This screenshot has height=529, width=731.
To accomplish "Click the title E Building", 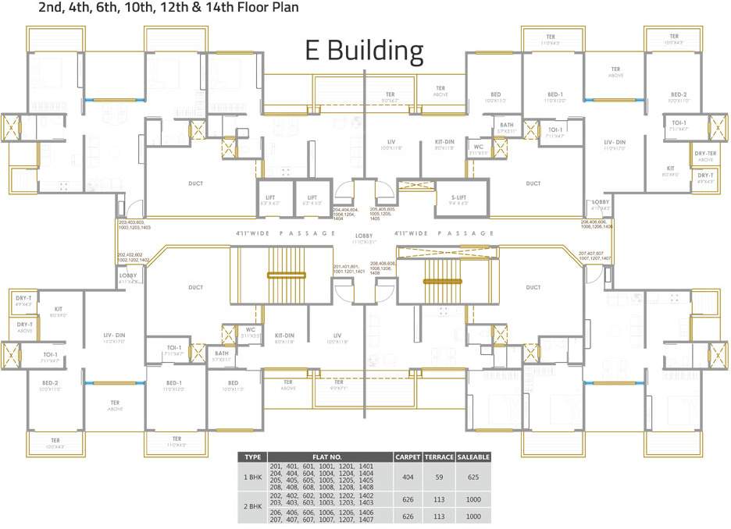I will pos(363,51).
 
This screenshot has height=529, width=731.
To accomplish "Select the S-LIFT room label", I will pos(459,197).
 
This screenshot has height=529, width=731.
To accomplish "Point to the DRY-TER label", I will pos(705,154).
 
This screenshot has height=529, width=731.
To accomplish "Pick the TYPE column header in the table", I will pos(252,456).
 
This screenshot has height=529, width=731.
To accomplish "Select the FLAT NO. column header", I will pos(330,456).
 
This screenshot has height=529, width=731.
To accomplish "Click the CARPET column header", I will pos(408,456).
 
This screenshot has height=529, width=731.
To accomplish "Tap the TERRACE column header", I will pos(439,456).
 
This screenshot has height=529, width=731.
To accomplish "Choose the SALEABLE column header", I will pos(473,456).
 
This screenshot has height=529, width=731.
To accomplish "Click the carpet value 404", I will pos(408,477).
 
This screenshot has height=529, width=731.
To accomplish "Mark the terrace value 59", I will pos(439,477).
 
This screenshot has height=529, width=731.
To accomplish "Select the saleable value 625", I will pos(473,477).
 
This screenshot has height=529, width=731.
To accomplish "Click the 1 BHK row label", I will pos(252,477).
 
